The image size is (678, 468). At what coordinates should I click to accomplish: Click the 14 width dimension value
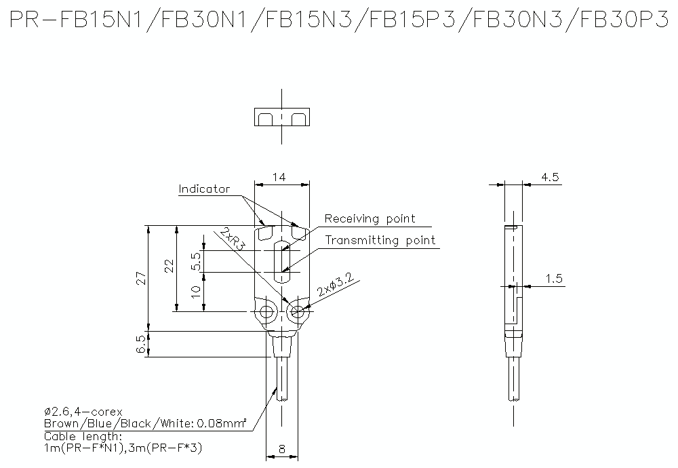279,177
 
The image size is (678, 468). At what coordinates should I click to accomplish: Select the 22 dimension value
169,265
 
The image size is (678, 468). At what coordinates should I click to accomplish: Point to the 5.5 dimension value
197,261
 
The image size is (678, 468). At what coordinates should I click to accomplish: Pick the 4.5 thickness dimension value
550,177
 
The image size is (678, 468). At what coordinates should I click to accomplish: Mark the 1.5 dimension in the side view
554,279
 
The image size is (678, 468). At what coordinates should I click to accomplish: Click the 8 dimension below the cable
281,448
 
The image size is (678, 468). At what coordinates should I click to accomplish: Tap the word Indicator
204,189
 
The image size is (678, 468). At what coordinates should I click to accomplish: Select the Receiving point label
370,218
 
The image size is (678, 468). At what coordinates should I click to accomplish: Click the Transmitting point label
380,240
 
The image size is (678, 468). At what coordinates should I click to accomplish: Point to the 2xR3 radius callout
232,239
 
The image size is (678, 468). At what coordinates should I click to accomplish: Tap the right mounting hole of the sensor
296,312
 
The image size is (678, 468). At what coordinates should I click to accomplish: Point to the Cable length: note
83,436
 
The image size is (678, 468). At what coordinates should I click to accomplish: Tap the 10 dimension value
197,292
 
